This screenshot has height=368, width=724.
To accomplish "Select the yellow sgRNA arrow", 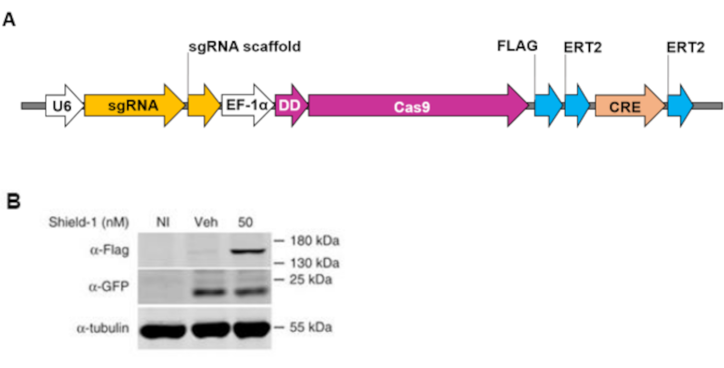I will pos(133,106).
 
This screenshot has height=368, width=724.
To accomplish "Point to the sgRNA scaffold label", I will pos(244,47).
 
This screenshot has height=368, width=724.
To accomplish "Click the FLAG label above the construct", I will pos(517,47).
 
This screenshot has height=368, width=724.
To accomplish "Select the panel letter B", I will pos(13,201).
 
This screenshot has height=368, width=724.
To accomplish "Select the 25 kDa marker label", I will pos(309,280).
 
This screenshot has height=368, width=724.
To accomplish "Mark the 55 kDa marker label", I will pos(309,328).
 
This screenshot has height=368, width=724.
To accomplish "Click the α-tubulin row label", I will pos(102,328).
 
